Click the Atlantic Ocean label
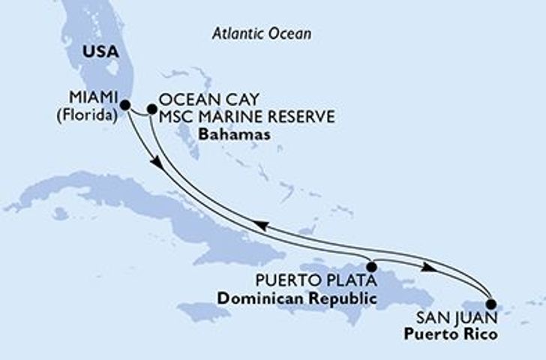click(261, 34)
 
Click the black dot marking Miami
click(125, 105)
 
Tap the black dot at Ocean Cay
click(151, 109)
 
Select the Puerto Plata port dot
click(371, 266)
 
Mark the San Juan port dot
click(491, 304)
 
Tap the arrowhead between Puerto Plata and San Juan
click(427, 267)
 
